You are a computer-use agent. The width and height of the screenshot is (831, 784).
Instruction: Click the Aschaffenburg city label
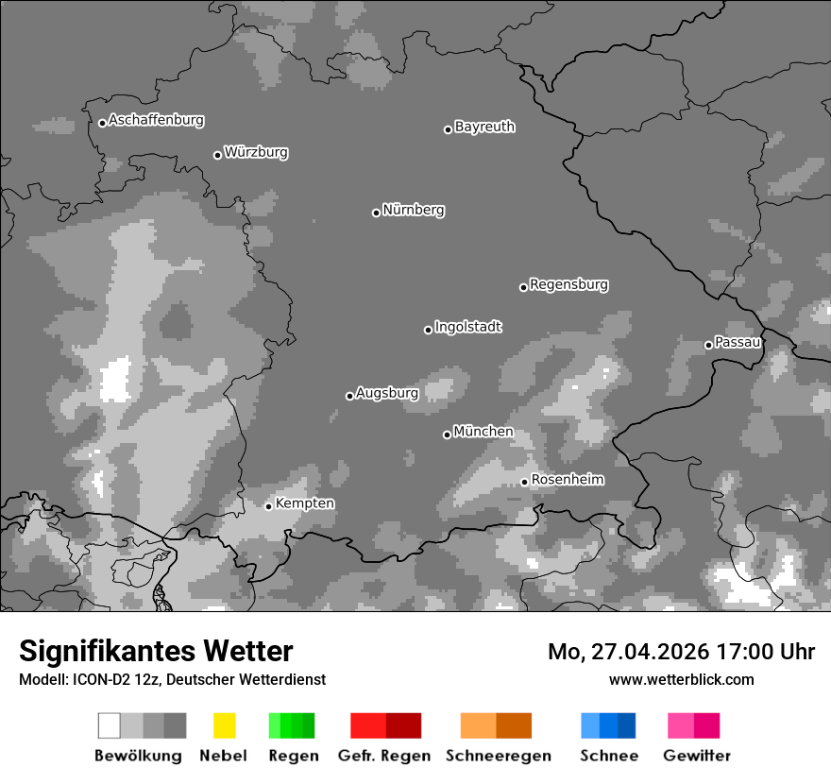pyautogui.click(x=156, y=121)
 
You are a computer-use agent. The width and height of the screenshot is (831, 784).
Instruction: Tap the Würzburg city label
pyautogui.click(x=256, y=153)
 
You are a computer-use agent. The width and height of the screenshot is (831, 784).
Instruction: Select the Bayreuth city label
pyautogui.click(x=484, y=128)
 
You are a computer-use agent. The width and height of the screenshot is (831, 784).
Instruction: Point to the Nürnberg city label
pyautogui.click(x=414, y=211)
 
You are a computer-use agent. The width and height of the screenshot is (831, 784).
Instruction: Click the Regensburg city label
pyautogui.click(x=568, y=285)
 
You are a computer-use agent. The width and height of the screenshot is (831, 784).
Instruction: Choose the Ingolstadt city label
pyautogui.click(x=468, y=328)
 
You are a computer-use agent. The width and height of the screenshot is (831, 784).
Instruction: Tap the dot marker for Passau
pyautogui.click(x=708, y=345)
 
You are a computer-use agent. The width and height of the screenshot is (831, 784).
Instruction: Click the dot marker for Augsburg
pyautogui.click(x=349, y=396)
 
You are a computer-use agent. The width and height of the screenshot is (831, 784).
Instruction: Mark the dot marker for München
pyautogui.click(x=447, y=435)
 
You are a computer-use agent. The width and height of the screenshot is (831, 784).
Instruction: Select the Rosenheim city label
pyautogui.click(x=568, y=480)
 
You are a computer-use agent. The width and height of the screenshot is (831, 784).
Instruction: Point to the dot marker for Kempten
pyautogui.click(x=268, y=506)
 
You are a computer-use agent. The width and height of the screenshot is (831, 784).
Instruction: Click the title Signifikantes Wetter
pyautogui.click(x=156, y=652)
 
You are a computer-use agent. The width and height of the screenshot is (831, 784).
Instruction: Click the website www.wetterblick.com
pyautogui.click(x=681, y=680)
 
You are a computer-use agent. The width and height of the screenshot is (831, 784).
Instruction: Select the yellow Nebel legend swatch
pyautogui.click(x=224, y=725)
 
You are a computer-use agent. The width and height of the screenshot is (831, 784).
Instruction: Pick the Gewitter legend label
pyautogui.click(x=697, y=756)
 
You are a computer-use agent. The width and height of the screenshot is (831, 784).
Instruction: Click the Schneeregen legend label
pyautogui.click(x=499, y=756)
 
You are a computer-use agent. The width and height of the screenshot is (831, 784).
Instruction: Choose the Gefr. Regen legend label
pyautogui.click(x=383, y=756)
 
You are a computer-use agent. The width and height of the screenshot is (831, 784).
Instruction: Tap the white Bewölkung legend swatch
pyautogui.click(x=110, y=725)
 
